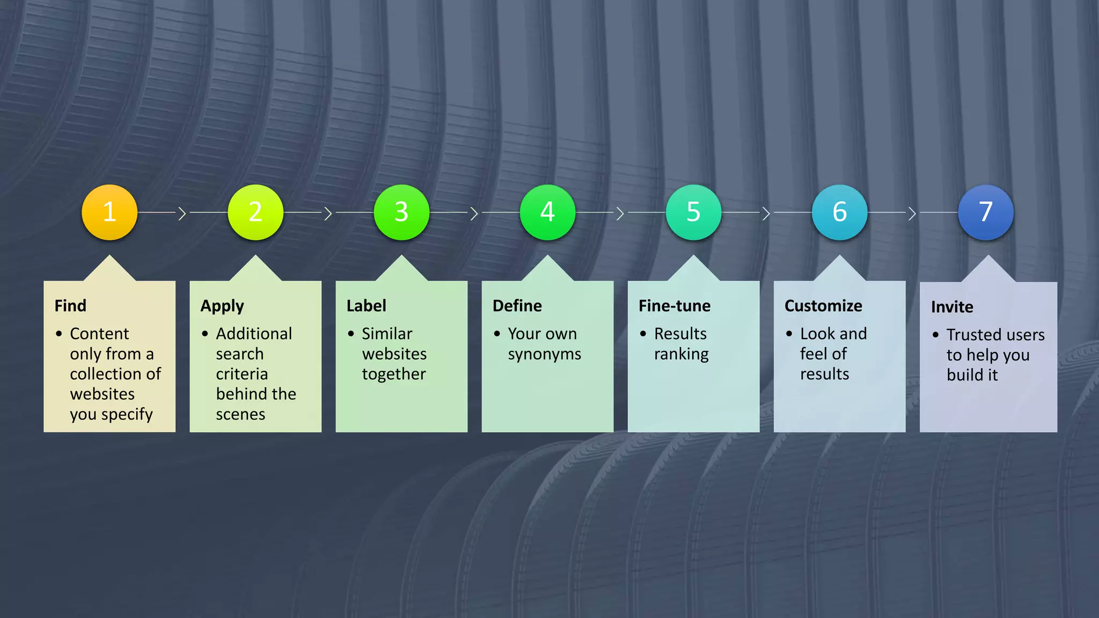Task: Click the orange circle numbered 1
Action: pyautogui.click(x=109, y=212)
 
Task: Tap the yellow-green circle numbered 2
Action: pyautogui.click(x=255, y=212)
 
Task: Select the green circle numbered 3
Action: pyautogui.click(x=401, y=212)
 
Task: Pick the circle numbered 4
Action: pyautogui.click(x=547, y=212)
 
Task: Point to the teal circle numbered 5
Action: pyautogui.click(x=693, y=212)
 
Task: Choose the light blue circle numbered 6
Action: pyautogui.click(x=839, y=212)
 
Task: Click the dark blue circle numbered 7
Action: pyautogui.click(x=986, y=212)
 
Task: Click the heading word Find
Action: pyautogui.click(x=70, y=306)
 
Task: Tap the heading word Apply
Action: pyautogui.click(x=222, y=306)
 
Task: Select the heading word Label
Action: pyautogui.click(x=366, y=306)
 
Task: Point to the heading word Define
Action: pyautogui.click(x=517, y=306)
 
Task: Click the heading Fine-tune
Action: pyautogui.click(x=675, y=306)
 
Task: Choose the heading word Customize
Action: pyautogui.click(x=823, y=306)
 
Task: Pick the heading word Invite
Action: pyautogui.click(x=952, y=307)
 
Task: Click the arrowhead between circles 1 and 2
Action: pyautogui.click(x=182, y=214)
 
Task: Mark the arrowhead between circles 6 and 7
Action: pyautogui.click(x=912, y=214)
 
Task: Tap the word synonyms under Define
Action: pyautogui.click(x=545, y=355)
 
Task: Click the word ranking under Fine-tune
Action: pyautogui.click(x=682, y=355)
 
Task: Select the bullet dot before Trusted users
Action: pyautogui.click(x=935, y=335)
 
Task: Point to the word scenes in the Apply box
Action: pyautogui.click(x=240, y=415)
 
